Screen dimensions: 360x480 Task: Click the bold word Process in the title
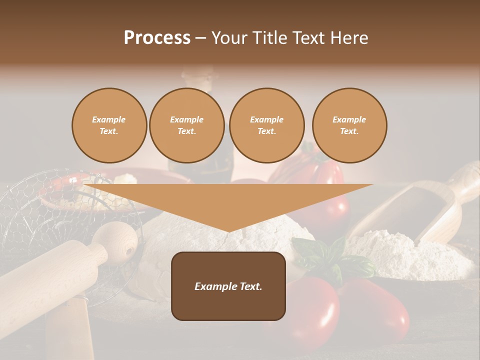coord(157,38)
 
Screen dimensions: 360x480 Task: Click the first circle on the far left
coord(109,125)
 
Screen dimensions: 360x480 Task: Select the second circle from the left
coord(187,125)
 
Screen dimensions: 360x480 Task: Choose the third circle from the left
coord(266,125)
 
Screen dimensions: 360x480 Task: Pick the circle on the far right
coord(349,125)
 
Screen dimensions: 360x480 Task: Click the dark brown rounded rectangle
coord(228,286)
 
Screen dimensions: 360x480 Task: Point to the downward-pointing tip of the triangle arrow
coord(228,230)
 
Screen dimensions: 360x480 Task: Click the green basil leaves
coord(330,257)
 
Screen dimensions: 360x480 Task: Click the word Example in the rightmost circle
coord(349,119)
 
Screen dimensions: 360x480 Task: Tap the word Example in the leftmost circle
coord(109,119)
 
